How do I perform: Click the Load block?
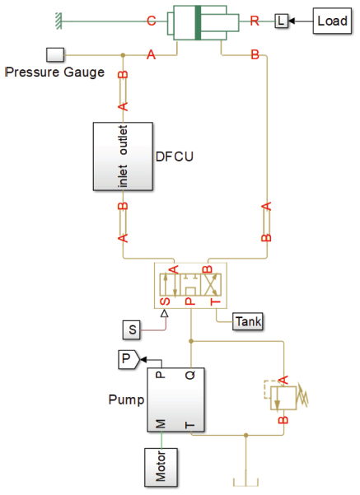[332, 21]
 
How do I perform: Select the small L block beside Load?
[281, 21]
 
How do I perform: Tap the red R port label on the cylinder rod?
[255, 21]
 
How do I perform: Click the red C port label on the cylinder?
[152, 21]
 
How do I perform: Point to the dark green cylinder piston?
[199, 23]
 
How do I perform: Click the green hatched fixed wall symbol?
[58, 21]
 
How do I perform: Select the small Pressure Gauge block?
[55, 54]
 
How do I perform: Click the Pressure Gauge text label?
[55, 72]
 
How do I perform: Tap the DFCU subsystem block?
[124, 156]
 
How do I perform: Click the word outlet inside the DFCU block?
[124, 140]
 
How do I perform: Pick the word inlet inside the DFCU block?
[124, 175]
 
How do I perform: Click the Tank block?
[248, 322]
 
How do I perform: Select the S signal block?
[132, 330]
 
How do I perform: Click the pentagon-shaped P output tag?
[129, 359]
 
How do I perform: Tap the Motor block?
[161, 467]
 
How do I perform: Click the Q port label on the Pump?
[190, 375]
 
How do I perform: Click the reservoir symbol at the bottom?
[246, 482]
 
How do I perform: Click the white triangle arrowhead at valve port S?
[164, 313]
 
